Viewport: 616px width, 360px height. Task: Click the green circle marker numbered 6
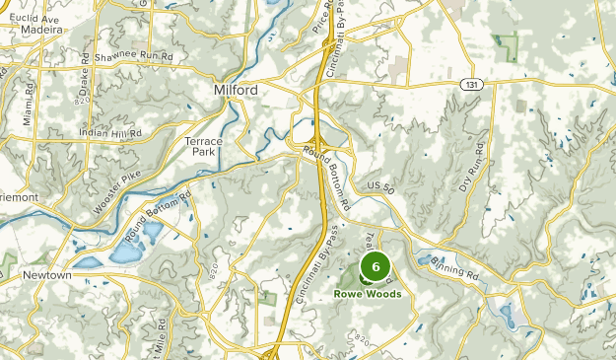(x=376, y=266)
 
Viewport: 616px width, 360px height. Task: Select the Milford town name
(x=237, y=91)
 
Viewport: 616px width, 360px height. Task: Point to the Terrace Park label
(x=204, y=148)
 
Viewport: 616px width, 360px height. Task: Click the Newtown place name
(x=47, y=275)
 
